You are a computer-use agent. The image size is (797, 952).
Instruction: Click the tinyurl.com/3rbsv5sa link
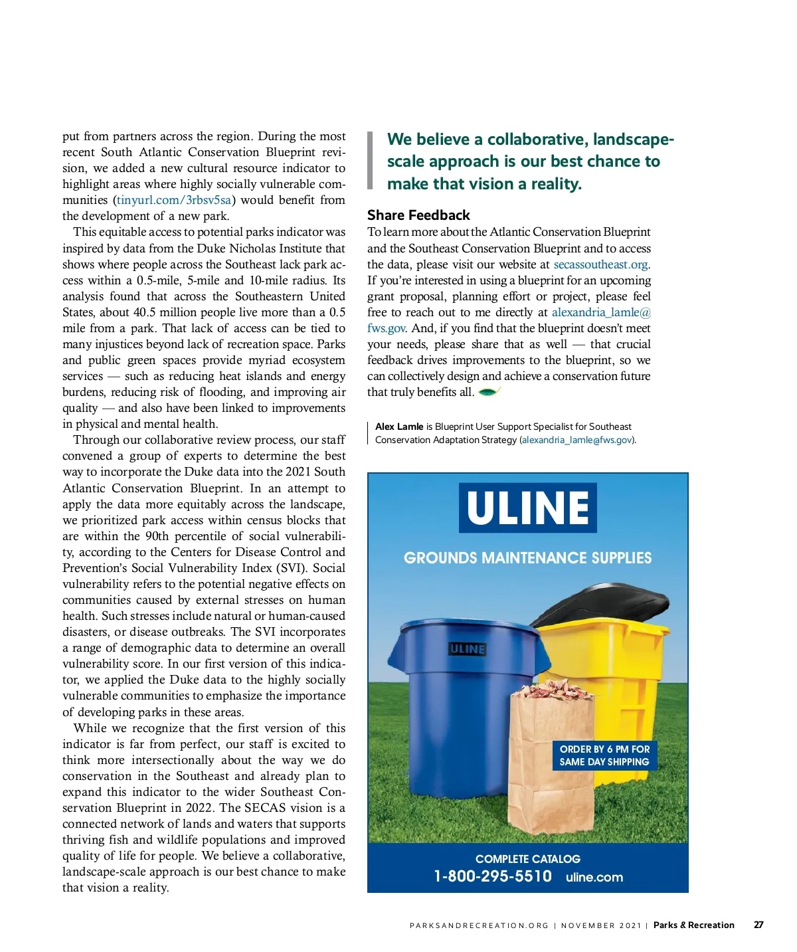coord(174,200)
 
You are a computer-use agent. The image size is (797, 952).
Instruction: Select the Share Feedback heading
coord(418,215)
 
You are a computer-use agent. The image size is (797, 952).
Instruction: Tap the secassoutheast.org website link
coord(600,264)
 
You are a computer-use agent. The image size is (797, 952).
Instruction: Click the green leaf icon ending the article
coord(489,392)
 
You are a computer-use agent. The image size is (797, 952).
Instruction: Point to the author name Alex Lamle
coord(399,427)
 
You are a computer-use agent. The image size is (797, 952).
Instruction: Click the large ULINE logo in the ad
coord(527,508)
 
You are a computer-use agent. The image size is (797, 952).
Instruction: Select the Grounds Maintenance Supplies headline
coord(527,558)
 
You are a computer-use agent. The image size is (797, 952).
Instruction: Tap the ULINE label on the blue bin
coord(468,649)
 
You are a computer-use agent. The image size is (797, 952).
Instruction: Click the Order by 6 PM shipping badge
coord(604,755)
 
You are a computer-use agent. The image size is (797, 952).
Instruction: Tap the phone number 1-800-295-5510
coord(493,876)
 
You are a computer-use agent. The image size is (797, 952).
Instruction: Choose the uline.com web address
coord(594,877)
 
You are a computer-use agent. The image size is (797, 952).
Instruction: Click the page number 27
coord(758,925)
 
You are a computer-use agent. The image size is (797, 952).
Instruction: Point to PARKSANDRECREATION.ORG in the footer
coord(479,925)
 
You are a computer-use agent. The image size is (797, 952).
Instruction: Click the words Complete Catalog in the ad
coord(528,859)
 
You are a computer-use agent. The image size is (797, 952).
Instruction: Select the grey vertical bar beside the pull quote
coord(370,161)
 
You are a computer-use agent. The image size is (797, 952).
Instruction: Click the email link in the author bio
coord(577,440)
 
